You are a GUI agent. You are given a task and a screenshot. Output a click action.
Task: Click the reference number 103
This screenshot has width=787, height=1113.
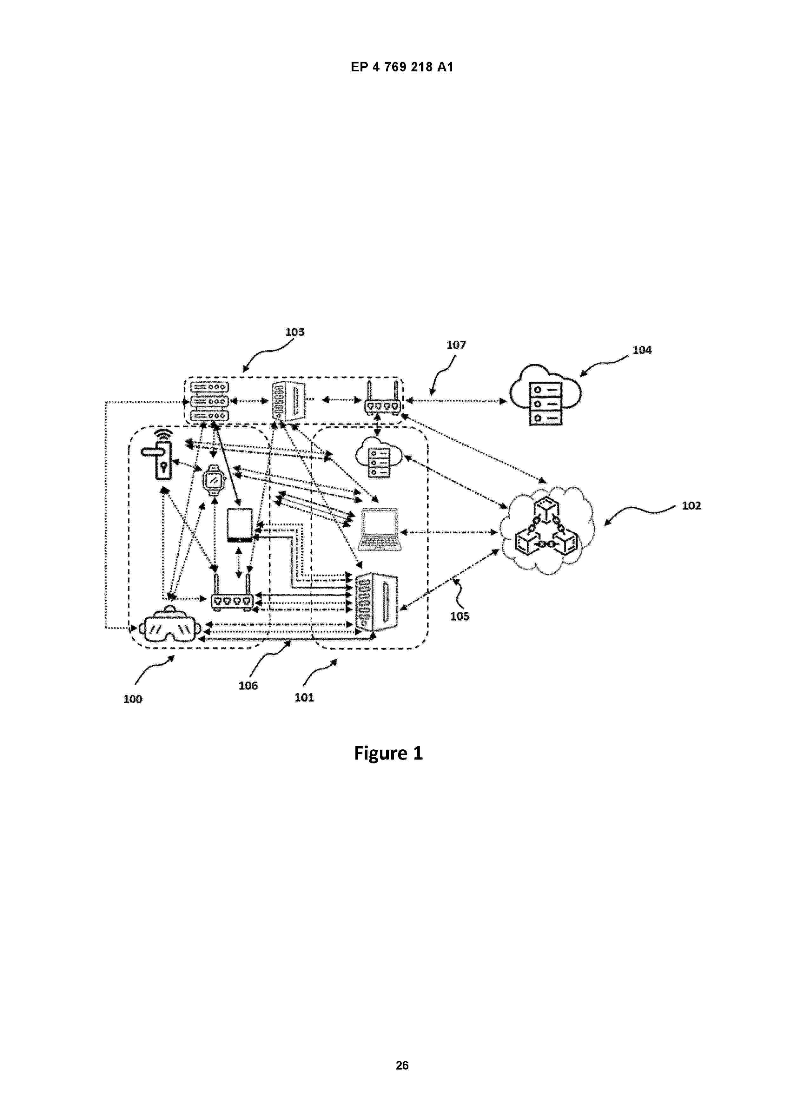[294, 332]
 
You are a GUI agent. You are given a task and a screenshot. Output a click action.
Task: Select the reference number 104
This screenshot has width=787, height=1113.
[642, 350]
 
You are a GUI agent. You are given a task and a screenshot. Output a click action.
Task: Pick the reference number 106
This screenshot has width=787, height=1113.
[248, 685]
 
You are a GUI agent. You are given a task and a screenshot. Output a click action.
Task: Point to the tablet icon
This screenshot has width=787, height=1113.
[240, 525]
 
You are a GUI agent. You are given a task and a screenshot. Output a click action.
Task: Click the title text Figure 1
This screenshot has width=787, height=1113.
[388, 753]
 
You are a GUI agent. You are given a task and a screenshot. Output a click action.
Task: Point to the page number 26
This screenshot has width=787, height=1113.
[402, 1065]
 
